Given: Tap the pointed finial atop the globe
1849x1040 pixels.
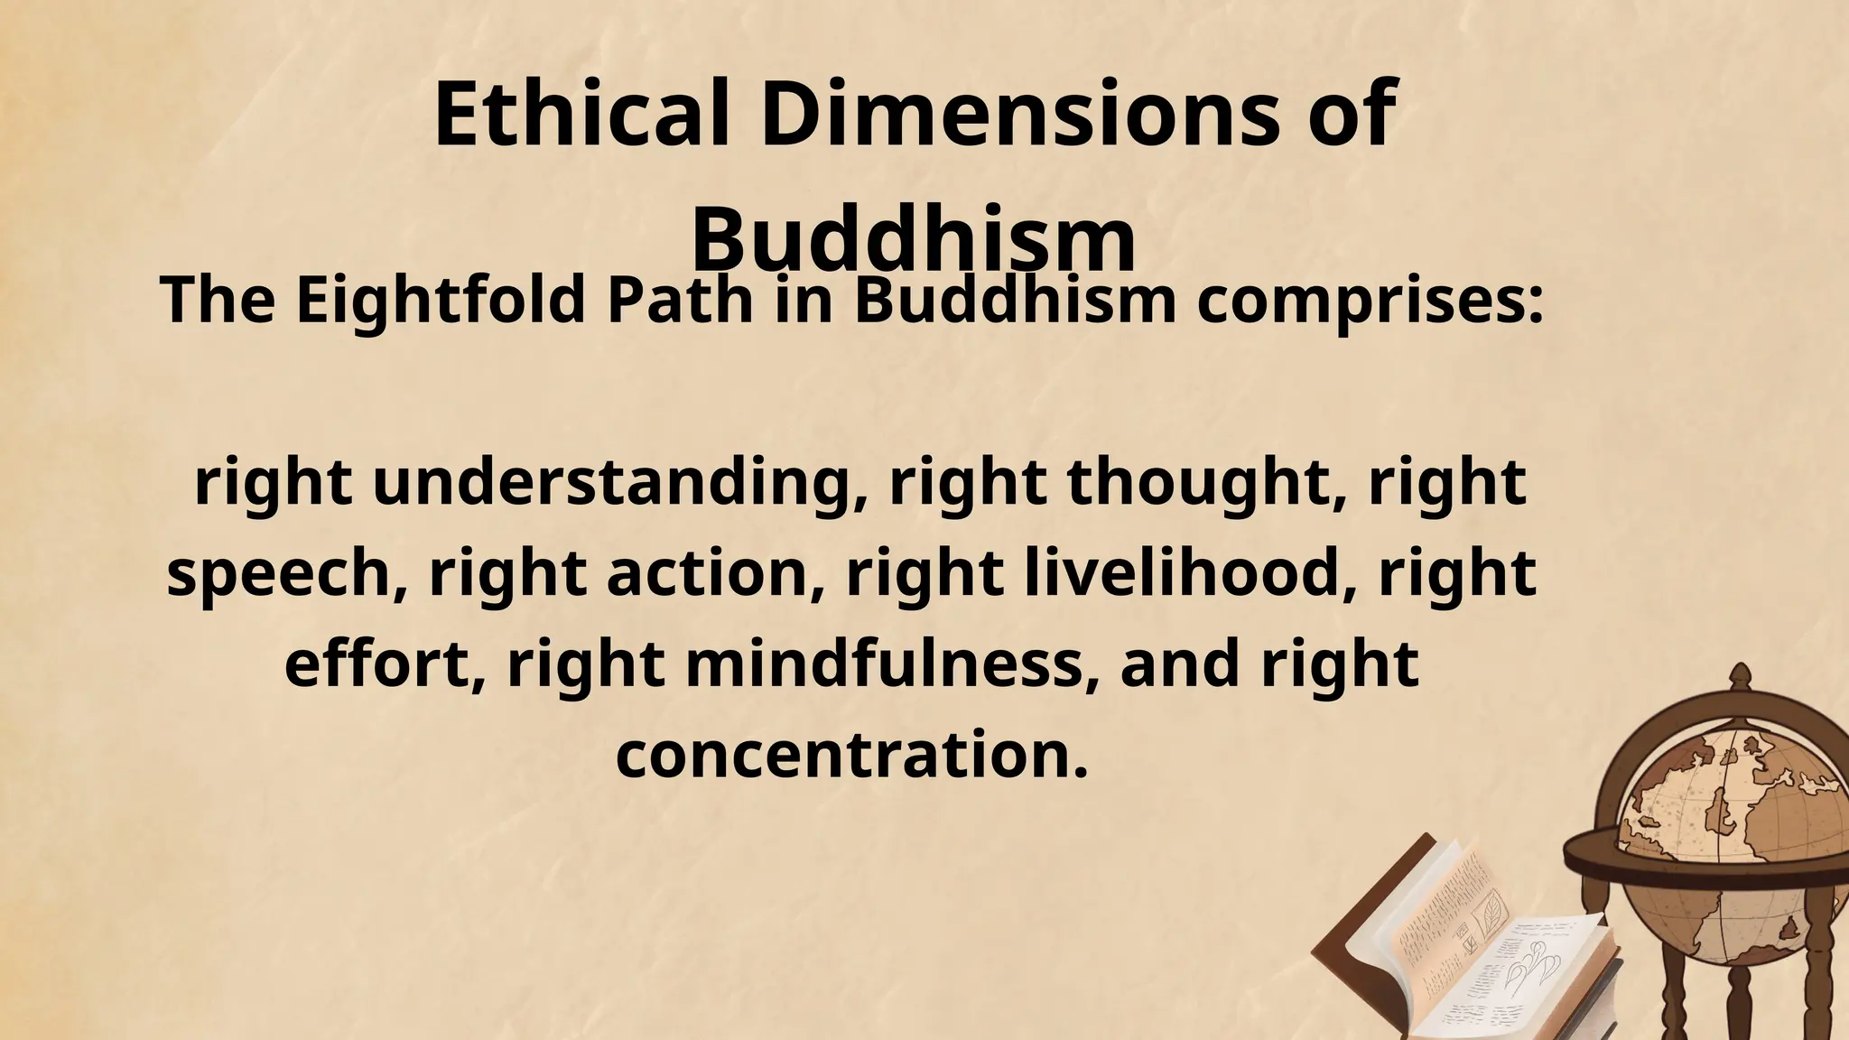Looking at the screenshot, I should pos(1739,678).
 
